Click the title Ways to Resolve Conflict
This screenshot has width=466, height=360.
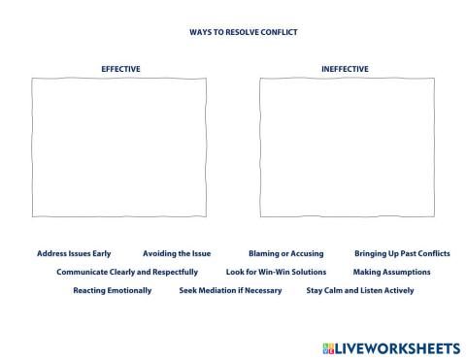tap(243, 32)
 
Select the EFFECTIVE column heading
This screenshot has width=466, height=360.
tap(120, 69)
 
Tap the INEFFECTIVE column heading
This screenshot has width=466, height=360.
tap(345, 69)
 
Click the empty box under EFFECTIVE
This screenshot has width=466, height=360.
tap(119, 147)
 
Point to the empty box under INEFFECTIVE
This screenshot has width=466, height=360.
tap(345, 147)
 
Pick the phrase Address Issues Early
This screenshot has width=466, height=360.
tap(74, 253)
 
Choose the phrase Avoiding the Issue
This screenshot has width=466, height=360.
tap(177, 253)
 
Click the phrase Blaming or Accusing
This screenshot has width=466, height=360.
tap(285, 253)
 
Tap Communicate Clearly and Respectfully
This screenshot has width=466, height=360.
tap(127, 272)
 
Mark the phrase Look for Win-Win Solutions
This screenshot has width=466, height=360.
tap(276, 272)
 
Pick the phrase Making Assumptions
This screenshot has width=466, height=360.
tap(391, 272)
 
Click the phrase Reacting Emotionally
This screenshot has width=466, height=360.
tap(113, 290)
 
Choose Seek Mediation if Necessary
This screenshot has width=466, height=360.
tap(230, 290)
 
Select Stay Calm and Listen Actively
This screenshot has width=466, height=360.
tap(359, 290)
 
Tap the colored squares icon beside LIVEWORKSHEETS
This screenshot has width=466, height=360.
tap(326, 346)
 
